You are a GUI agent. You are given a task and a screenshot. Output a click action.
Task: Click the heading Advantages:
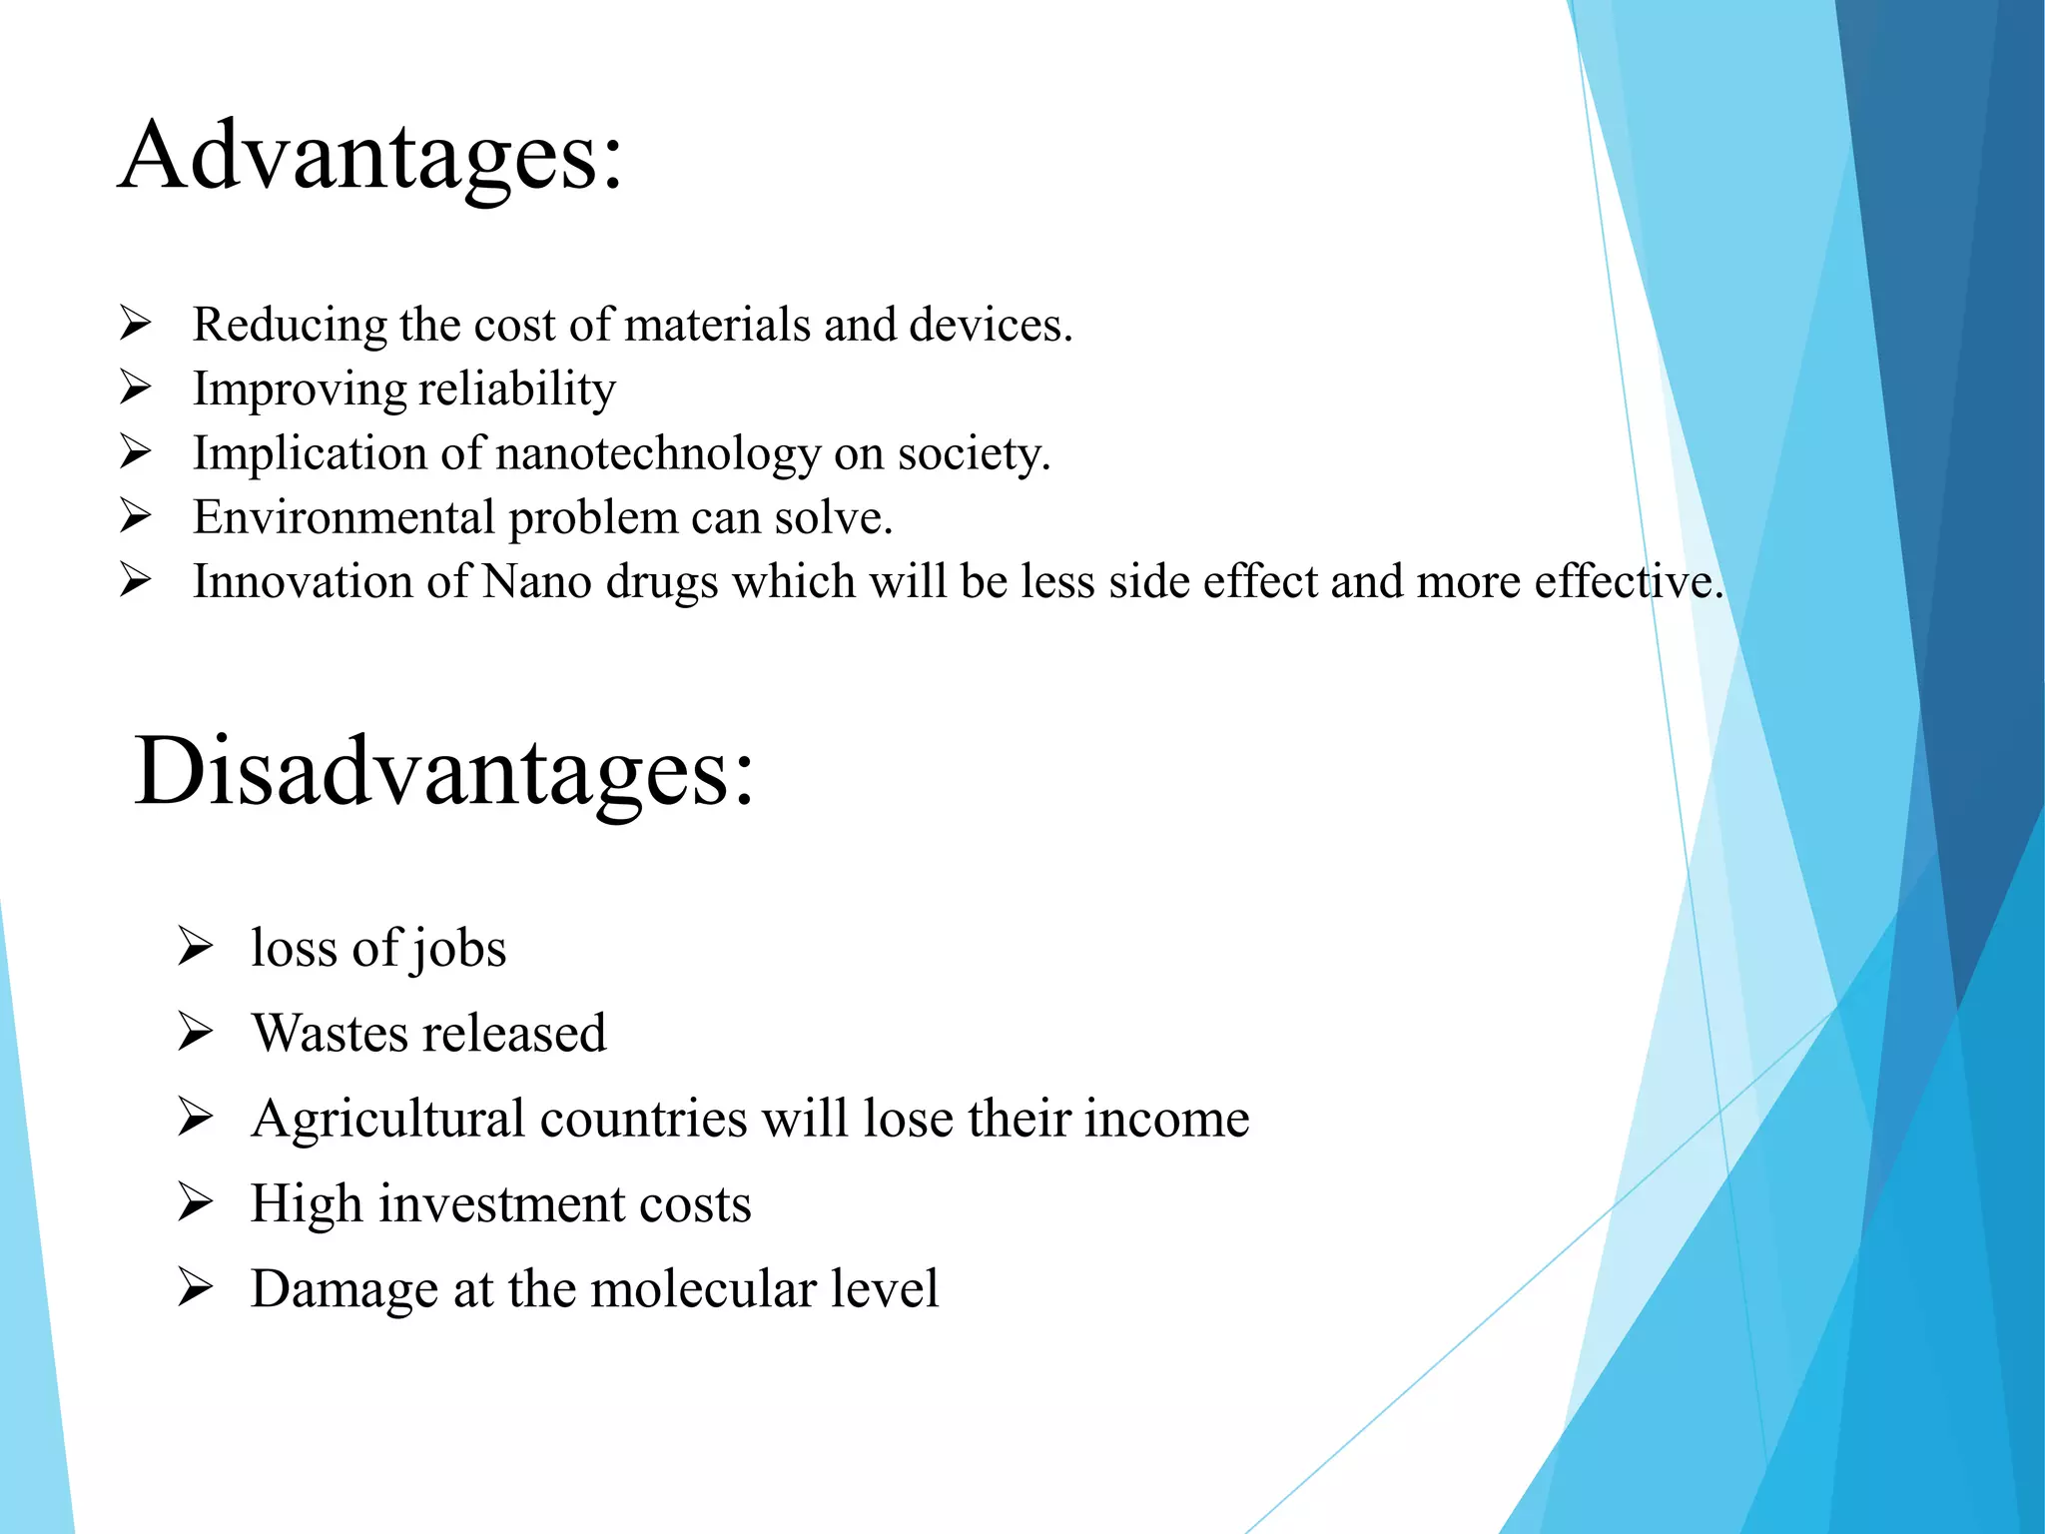point(370,156)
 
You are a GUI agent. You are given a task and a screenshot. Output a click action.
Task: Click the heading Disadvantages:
point(444,772)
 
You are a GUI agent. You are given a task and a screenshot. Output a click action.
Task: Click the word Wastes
point(322,1033)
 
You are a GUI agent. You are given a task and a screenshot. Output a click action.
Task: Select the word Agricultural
point(387,1119)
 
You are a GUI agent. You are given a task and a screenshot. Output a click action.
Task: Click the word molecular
point(694,1289)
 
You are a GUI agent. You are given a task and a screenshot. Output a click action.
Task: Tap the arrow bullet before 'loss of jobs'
point(195,947)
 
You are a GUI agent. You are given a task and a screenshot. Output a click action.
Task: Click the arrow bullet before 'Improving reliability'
point(135,387)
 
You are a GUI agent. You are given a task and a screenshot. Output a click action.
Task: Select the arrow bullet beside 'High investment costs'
point(195,1202)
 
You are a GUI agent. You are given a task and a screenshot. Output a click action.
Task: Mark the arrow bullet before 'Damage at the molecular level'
point(195,1287)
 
